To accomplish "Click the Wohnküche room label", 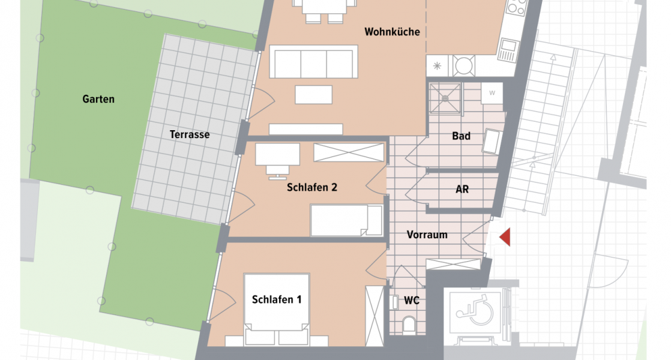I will pos(392,32).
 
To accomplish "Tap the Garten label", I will pos(98,99).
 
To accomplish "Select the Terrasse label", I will pos(190,134).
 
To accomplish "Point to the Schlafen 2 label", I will pos(312,187).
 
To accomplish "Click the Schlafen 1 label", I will pos(277,299).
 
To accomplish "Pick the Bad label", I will pos(461,136).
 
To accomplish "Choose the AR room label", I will pos(462,189).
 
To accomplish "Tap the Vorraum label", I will pos(427,235).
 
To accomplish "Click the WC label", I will pos(412,301).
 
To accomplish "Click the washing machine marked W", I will pos(492,92).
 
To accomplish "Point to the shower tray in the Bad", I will pos(445,97).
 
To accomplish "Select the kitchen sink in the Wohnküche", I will pos(508,50).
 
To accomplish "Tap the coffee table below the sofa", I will pos(313,95).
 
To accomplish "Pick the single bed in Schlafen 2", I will pos(346,220).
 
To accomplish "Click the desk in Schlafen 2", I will pos(277,154).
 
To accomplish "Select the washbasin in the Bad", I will pos(492,142).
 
